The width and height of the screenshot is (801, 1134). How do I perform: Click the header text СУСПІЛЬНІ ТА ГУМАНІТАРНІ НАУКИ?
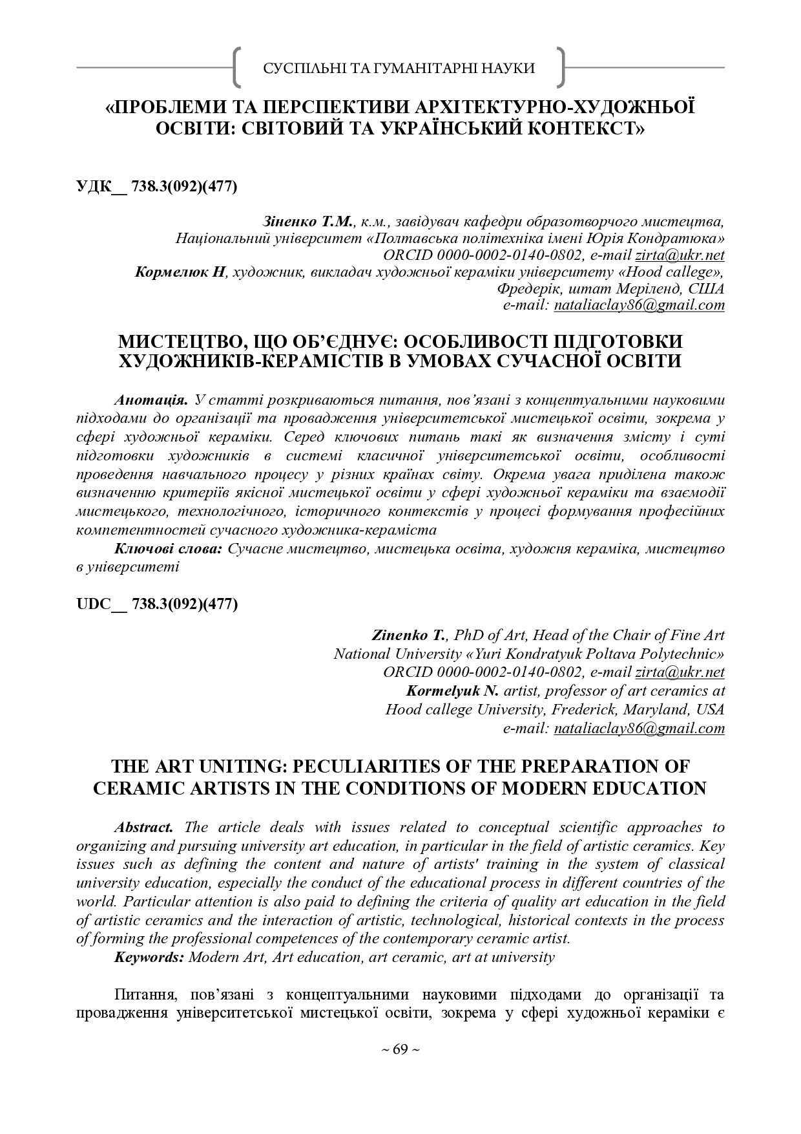[x=399, y=68]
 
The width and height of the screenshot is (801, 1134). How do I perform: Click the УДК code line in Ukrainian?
[x=157, y=187]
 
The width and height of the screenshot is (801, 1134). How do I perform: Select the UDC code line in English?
[x=157, y=604]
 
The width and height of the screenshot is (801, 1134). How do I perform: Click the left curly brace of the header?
[x=238, y=67]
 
